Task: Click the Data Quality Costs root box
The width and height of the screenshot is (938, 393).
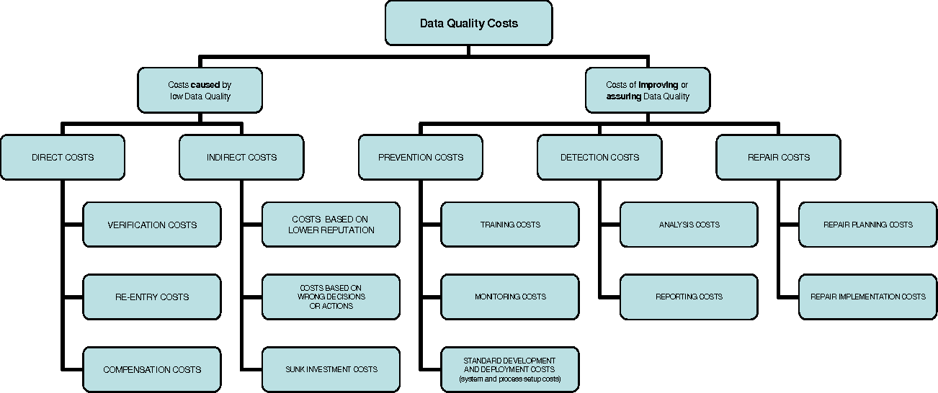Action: [x=468, y=23]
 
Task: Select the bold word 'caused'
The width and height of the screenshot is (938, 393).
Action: [x=205, y=85]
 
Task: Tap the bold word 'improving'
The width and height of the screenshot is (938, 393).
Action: [x=658, y=85]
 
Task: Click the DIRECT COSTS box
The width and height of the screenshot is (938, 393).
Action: [x=63, y=157]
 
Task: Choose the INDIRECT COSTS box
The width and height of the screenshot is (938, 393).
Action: [x=241, y=157]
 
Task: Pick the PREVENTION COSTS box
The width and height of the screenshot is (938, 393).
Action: [x=421, y=157]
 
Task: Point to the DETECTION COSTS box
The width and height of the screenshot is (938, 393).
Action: [x=599, y=157]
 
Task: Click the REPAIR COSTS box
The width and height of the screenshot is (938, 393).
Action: [x=778, y=157]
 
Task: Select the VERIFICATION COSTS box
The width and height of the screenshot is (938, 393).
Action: [x=152, y=225]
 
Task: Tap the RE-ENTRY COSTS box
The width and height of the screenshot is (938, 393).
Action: [x=152, y=297]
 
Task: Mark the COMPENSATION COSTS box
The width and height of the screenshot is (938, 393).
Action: [x=152, y=369]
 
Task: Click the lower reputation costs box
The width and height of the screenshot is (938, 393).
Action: [x=331, y=225]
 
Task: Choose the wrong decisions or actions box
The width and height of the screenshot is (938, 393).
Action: [x=331, y=297]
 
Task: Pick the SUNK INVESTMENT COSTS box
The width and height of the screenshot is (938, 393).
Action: [x=331, y=369]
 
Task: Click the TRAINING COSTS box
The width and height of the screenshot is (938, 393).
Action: [x=510, y=225]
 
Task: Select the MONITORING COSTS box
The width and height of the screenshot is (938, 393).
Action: [x=510, y=297]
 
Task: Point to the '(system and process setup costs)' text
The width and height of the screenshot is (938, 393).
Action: [x=510, y=379]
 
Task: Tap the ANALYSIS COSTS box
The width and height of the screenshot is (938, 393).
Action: [x=689, y=225]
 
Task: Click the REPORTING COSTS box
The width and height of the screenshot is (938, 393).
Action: [x=689, y=297]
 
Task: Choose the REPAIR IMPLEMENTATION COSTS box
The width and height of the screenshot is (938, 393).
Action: [x=867, y=297]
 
